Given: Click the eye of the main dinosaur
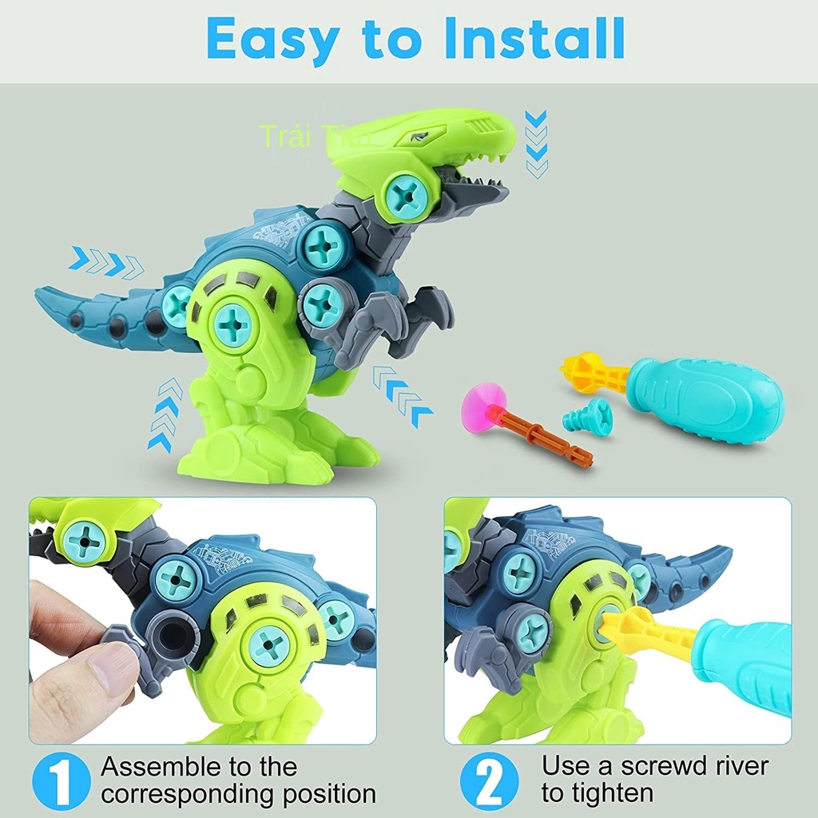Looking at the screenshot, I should coord(419,137).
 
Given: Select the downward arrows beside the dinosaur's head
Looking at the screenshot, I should coord(537,144).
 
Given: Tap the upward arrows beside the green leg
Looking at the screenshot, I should coord(165,415).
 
